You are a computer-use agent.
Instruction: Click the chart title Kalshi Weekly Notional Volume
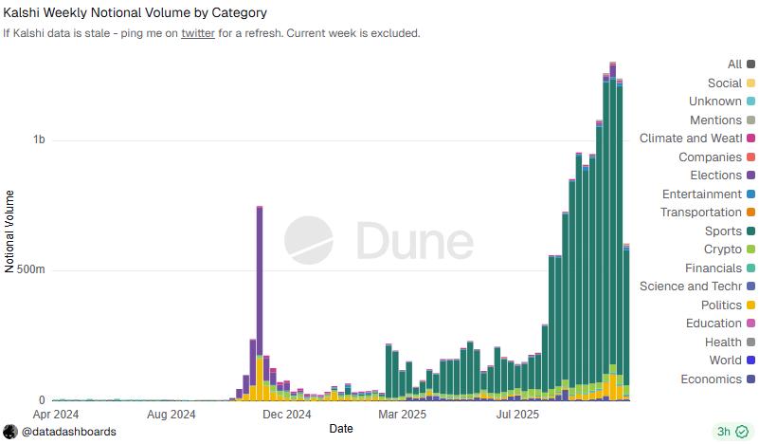[x=136, y=13]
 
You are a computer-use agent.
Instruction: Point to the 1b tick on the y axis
[x=39, y=139]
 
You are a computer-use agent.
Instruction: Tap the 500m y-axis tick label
[x=31, y=269]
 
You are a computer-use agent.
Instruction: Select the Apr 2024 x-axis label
[x=56, y=414]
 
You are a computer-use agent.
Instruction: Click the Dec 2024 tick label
[x=286, y=414]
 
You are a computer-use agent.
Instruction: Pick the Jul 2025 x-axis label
[x=518, y=414]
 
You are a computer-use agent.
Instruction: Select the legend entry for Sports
[x=723, y=231]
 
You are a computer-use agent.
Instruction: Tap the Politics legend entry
[x=721, y=305]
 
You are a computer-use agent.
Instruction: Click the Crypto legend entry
[x=723, y=250]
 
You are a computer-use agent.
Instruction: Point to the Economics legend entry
[x=711, y=379]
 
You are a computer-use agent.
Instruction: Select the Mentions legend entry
[x=715, y=120]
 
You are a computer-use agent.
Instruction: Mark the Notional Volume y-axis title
[x=10, y=231]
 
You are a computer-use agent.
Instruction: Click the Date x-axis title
[x=342, y=429]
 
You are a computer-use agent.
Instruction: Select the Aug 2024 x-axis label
[x=172, y=414]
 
